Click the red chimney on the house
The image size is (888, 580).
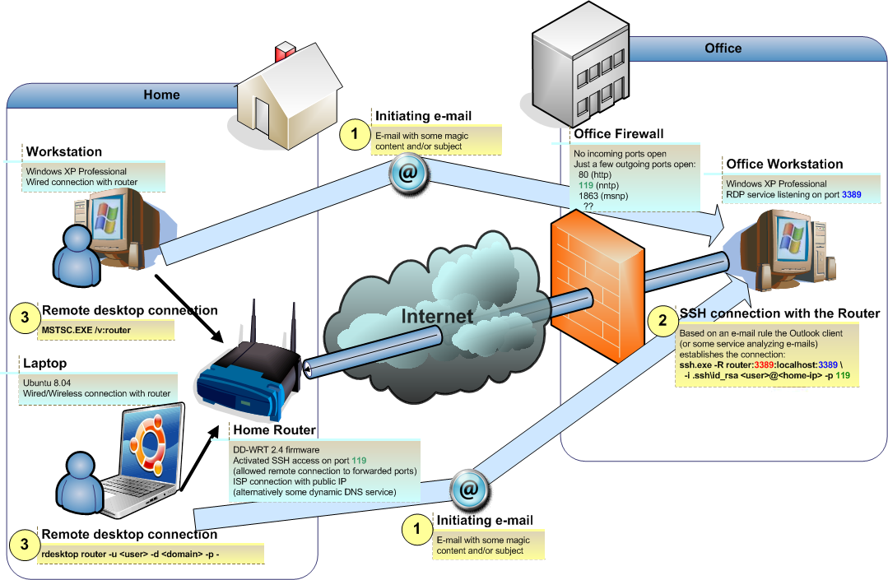point(285,50)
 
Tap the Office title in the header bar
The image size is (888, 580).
point(723,48)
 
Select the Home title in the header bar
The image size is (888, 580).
point(161,95)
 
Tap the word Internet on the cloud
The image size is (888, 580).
point(437,316)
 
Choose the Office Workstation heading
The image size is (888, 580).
point(784,164)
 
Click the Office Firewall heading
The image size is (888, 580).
point(618,133)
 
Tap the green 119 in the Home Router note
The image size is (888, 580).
point(358,460)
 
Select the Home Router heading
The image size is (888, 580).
point(274,429)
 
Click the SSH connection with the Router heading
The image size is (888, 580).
point(779,313)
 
